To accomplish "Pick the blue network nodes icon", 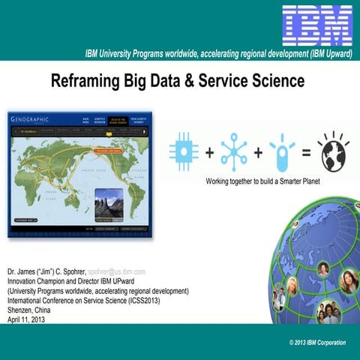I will pos(233,151).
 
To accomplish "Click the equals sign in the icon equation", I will pos(306,151).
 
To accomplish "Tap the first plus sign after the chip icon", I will pos(209,151).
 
